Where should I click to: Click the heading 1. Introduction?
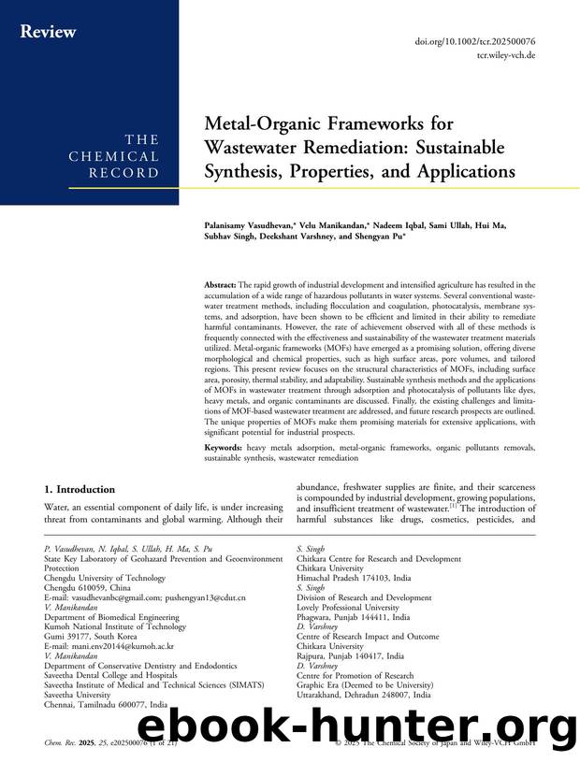tap(80, 489)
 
